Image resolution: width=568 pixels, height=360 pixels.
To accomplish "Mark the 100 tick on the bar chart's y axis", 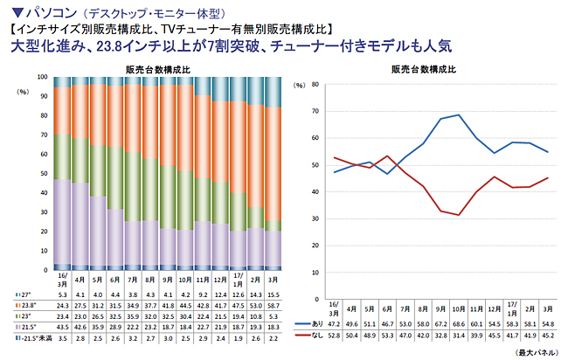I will (x=42, y=77).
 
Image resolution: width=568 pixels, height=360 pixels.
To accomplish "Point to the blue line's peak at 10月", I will (x=458, y=115).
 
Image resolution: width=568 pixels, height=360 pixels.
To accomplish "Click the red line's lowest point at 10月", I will (x=458, y=214).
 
